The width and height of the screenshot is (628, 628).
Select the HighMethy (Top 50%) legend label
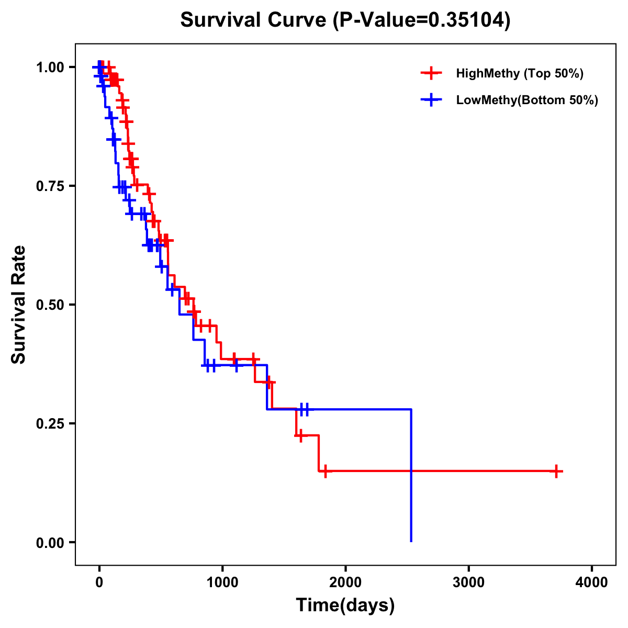click(520, 73)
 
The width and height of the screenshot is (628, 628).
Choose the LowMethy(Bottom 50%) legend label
click(527, 100)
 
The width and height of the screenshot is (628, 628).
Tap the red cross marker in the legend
click(431, 73)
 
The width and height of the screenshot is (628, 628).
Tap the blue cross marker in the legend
click(431, 100)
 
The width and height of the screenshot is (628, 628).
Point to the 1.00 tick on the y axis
click(50, 67)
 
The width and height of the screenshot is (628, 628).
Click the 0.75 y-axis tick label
click(50, 186)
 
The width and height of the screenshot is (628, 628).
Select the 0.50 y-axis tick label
click(50, 305)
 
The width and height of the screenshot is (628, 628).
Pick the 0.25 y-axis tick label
click(50, 423)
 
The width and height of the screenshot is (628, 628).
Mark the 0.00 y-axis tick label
click(50, 542)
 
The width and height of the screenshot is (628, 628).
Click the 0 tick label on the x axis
click(99, 582)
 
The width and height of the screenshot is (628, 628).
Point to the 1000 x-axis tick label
click(222, 582)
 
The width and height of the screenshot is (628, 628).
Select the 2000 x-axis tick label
click(345, 582)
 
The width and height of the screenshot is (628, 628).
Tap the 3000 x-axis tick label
click(468, 582)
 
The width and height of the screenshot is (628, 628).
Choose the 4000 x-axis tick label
click(592, 582)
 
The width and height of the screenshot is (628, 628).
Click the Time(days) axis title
click(345, 605)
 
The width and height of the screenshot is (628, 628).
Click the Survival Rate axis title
click(19, 305)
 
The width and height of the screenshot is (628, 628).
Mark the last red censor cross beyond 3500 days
click(556, 471)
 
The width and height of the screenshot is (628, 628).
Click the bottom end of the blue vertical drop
click(411, 541)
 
